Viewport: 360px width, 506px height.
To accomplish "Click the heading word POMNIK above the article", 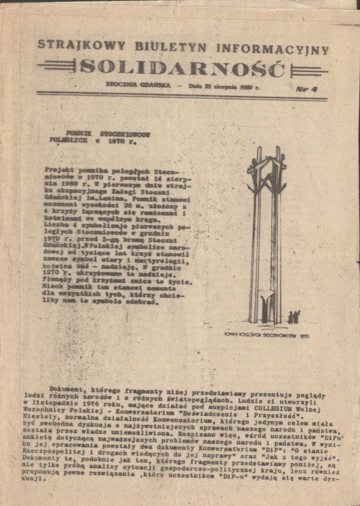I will (78, 132).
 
